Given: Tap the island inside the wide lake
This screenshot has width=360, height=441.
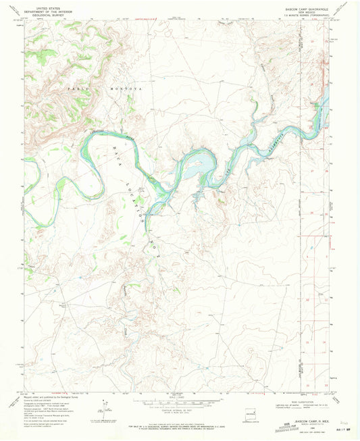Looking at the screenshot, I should pyautogui.click(x=196, y=163).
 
